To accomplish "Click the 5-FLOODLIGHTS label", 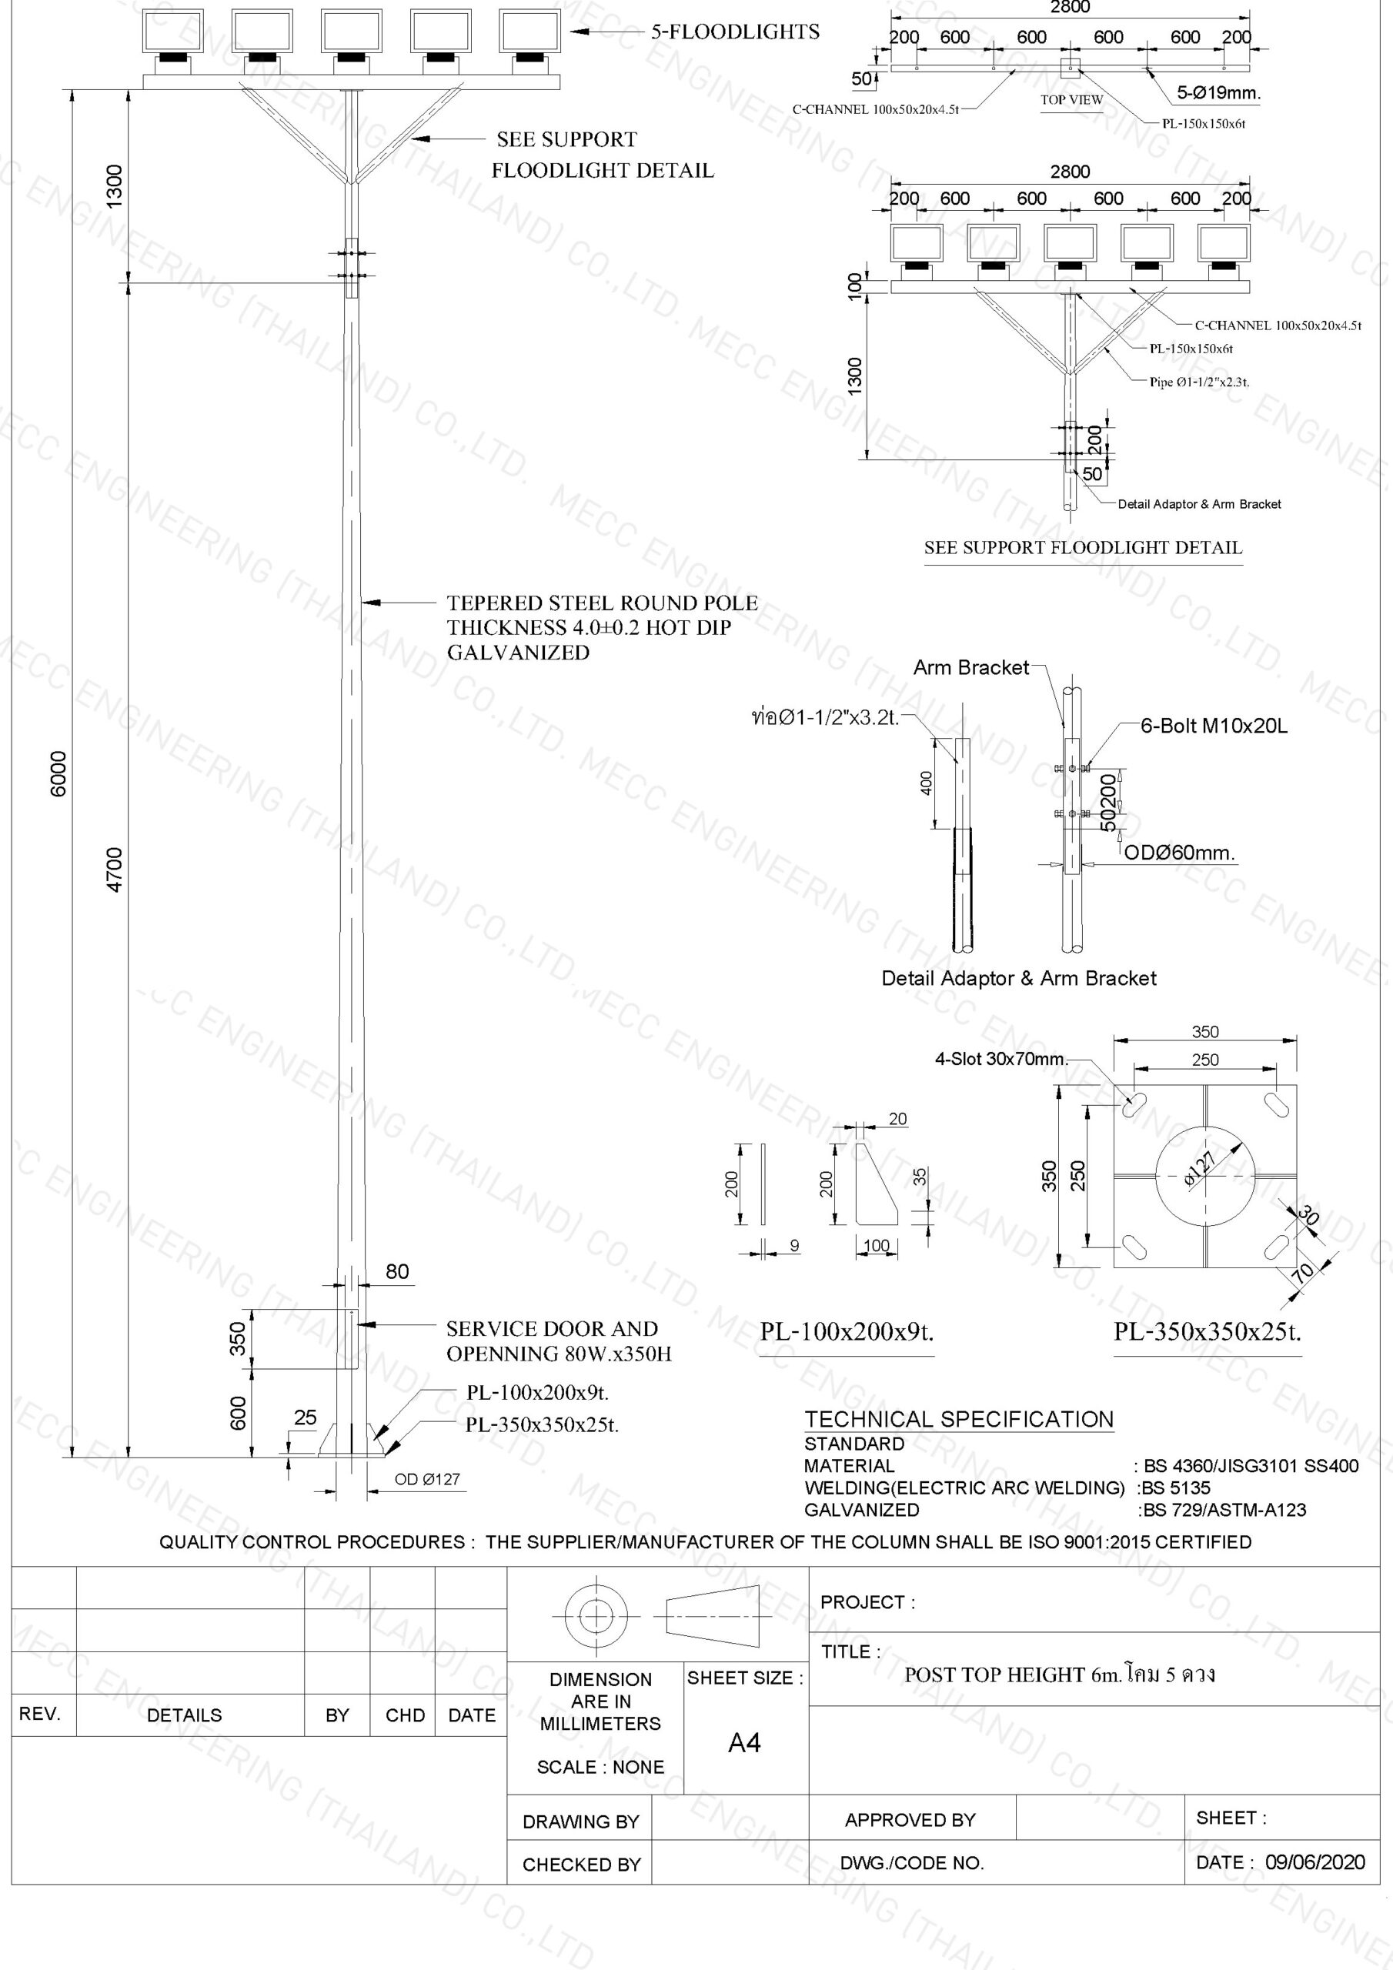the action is (x=735, y=32).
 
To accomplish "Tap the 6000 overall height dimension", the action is (x=58, y=774).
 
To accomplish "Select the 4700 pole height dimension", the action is (x=114, y=869).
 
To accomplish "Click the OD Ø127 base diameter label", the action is (x=426, y=1479).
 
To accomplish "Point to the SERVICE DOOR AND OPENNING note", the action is (x=558, y=1341).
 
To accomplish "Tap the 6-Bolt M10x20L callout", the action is (x=1214, y=726).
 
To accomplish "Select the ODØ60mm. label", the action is (x=1180, y=853).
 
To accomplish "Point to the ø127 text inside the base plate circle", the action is (x=1200, y=1169).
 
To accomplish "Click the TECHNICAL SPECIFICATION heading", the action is (x=959, y=1419).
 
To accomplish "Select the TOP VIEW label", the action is (x=1072, y=99).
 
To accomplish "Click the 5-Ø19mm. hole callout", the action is (x=1219, y=92).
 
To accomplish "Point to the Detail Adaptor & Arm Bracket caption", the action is (x=1019, y=978).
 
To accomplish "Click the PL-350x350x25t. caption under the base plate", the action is (x=1208, y=1331).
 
